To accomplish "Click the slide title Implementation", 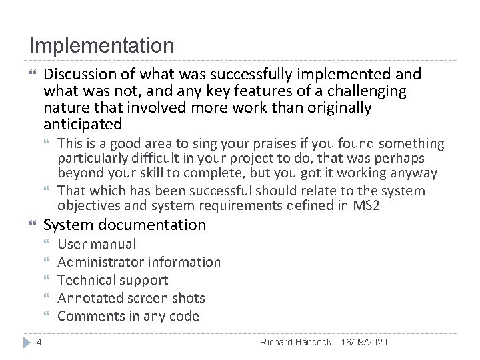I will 101,45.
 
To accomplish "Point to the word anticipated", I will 83,123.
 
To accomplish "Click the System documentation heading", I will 125,225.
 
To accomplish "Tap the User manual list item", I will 97,244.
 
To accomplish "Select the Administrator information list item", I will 139,262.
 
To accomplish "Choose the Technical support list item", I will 113,280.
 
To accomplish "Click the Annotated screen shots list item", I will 131,298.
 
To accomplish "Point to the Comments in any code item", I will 128,316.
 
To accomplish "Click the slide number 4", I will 39,343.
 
